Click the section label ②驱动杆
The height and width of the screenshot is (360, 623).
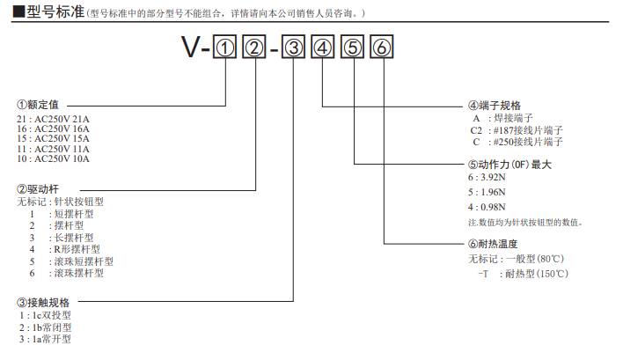coord(37,189)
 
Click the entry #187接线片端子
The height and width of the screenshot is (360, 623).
coord(527,129)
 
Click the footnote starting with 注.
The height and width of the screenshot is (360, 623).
coord(524,222)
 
